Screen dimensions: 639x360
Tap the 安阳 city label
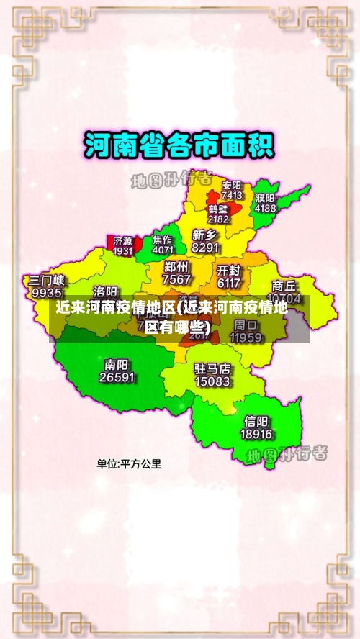click(232, 184)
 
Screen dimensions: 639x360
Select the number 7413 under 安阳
click(232, 195)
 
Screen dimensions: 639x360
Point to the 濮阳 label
click(265, 197)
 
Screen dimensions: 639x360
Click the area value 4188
click(265, 208)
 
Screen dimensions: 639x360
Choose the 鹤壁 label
click(218, 209)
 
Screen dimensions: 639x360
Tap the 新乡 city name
click(204, 235)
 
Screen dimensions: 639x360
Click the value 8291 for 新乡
click(205, 247)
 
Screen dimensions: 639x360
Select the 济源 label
click(123, 240)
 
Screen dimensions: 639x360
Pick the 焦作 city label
click(162, 240)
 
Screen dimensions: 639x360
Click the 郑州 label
click(176, 267)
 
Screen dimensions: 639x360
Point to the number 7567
click(176, 279)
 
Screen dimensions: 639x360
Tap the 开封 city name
click(229, 271)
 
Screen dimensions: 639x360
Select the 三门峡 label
click(47, 280)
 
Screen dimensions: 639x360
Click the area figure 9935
click(47, 293)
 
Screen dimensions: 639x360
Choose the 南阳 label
click(117, 364)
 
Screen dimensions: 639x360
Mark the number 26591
click(117, 377)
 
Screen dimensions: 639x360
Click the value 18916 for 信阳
click(256, 435)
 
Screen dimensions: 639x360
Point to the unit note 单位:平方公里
click(130, 464)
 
